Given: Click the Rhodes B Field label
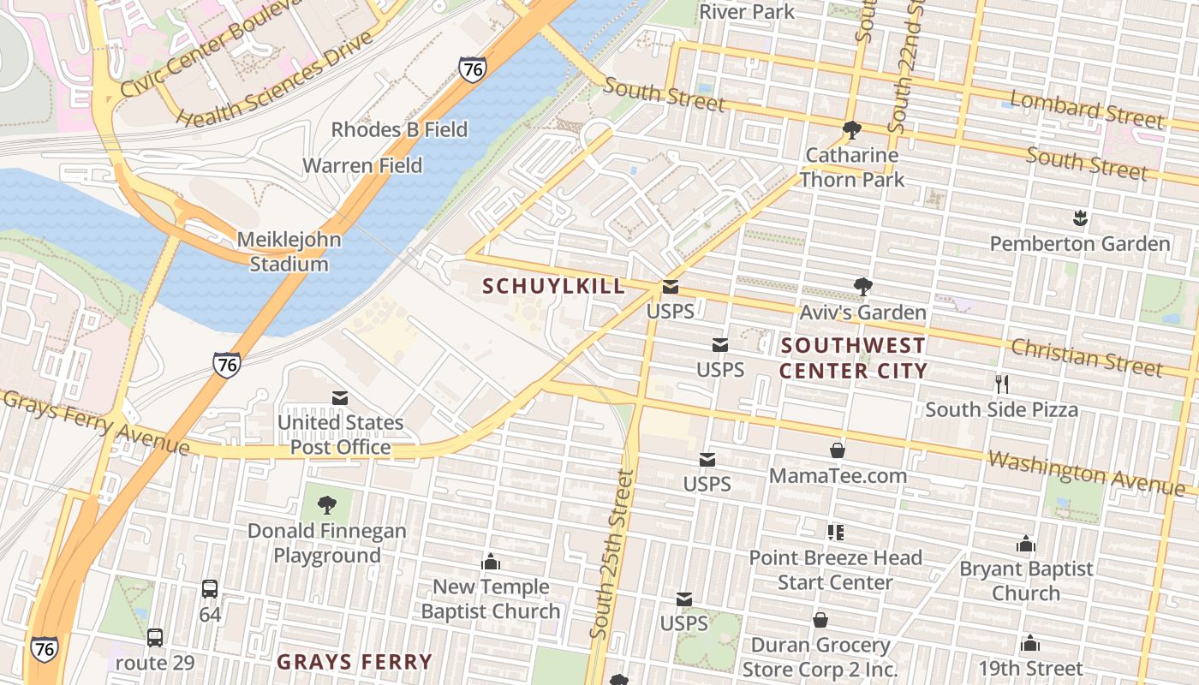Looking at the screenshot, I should (x=399, y=130).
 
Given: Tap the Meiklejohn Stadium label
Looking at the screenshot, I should (x=289, y=252).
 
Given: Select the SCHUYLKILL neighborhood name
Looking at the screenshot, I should (x=554, y=287).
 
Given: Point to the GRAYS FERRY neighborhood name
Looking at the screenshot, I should (x=355, y=662).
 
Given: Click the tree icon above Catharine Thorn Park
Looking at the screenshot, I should (x=851, y=130).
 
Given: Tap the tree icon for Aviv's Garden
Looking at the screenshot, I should (x=862, y=287).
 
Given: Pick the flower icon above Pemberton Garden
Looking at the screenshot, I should (x=1080, y=219).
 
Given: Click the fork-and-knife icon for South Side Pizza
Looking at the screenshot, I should (x=1001, y=384).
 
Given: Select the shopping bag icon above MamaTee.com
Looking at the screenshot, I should (x=838, y=450).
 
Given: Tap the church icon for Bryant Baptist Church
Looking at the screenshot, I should (x=1026, y=544).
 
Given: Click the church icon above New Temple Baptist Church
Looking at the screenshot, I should (x=491, y=562).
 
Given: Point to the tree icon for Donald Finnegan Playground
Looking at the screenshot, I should (x=326, y=505).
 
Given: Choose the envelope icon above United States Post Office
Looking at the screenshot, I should (x=340, y=397).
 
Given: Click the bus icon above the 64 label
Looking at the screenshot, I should (x=210, y=589).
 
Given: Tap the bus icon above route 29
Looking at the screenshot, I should (x=155, y=638).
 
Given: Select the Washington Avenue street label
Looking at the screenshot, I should (x=1085, y=473).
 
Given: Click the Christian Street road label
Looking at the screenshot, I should (x=1086, y=356).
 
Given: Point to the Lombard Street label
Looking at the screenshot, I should (x=1087, y=110).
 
